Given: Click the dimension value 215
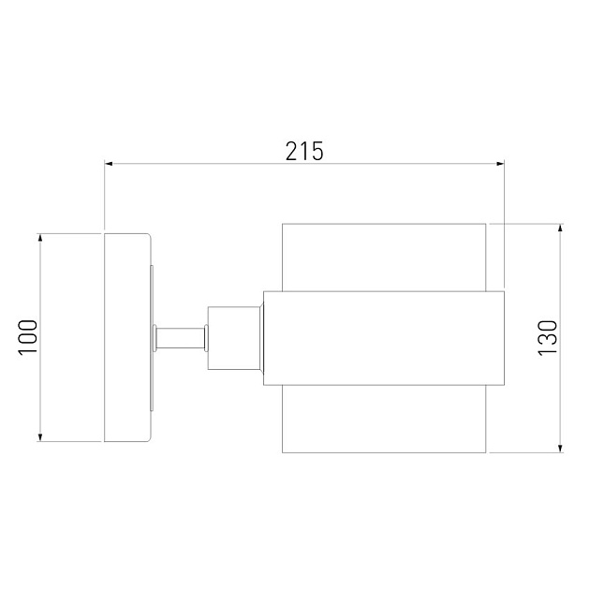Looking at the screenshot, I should point(304,150).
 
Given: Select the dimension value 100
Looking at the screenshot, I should point(27,337).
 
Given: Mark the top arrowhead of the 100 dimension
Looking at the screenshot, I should point(40,238).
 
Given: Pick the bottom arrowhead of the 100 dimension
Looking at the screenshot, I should point(40,436).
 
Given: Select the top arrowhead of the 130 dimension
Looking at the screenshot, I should point(560,229).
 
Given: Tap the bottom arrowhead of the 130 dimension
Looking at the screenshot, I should point(560,447).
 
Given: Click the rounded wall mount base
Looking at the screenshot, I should point(126,337).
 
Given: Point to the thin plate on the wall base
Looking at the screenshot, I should point(152,337).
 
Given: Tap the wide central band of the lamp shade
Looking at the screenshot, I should point(384,337).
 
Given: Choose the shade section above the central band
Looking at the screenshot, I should point(384,258).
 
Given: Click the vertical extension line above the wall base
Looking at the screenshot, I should point(104,197).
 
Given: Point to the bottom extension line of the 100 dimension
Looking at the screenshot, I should point(70,442).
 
